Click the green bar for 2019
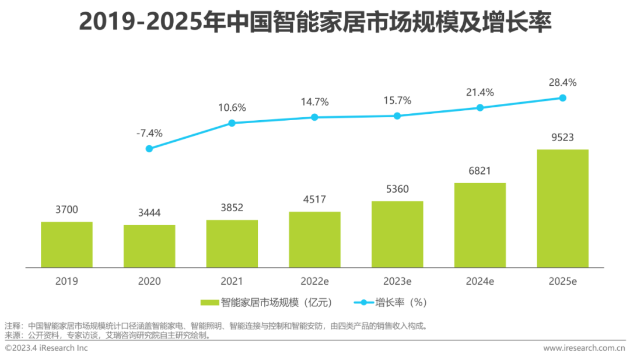(x=66, y=244)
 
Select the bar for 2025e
(x=562, y=208)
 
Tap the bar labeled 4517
(x=314, y=239)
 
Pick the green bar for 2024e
(x=480, y=225)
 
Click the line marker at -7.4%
(x=149, y=149)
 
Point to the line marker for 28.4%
(x=563, y=98)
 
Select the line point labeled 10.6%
(x=232, y=123)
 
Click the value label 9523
(x=562, y=138)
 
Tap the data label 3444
(x=149, y=214)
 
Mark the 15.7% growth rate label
(x=397, y=100)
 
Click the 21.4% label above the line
(x=480, y=92)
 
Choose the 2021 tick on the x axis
(x=232, y=281)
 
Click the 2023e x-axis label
(x=397, y=281)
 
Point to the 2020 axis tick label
(x=149, y=281)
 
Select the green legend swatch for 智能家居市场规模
(x=209, y=303)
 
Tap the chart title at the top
(x=315, y=23)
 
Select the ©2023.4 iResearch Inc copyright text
(x=46, y=348)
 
